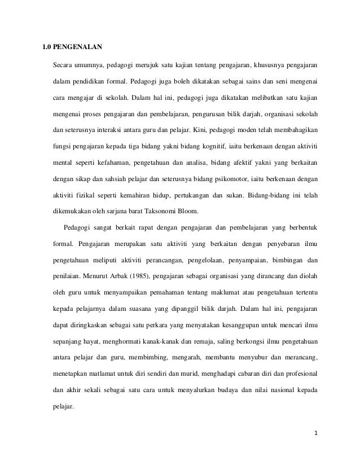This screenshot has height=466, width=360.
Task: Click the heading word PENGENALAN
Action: click(x=79, y=47)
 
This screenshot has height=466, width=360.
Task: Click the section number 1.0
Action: click(x=50, y=47)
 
